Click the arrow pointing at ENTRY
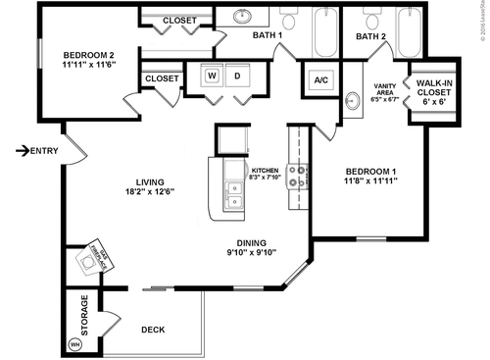(x=22, y=150)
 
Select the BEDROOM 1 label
(x=369, y=172)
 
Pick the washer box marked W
(x=211, y=76)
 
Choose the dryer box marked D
(x=236, y=76)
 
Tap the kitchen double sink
(x=233, y=189)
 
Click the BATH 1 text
(x=267, y=36)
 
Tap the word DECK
(x=153, y=330)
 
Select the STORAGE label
(x=85, y=315)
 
